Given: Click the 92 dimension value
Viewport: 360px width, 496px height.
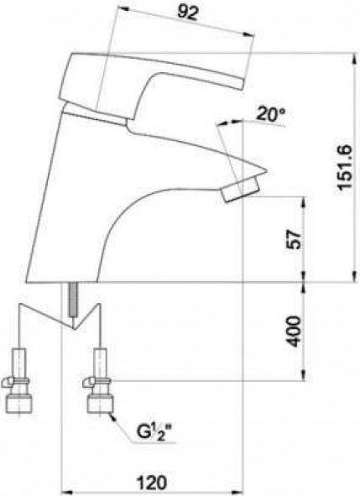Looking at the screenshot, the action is coord(188,13).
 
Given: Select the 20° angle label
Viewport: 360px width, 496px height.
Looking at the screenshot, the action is coord(270,114).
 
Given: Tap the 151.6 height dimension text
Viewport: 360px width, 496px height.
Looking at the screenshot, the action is coord(345,167).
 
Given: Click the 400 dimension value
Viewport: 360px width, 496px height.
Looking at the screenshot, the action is coord(294,332).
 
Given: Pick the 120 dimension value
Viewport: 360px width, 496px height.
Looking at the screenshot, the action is coord(151,483).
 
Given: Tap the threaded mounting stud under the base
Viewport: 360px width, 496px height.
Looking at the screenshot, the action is coord(73,299).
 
